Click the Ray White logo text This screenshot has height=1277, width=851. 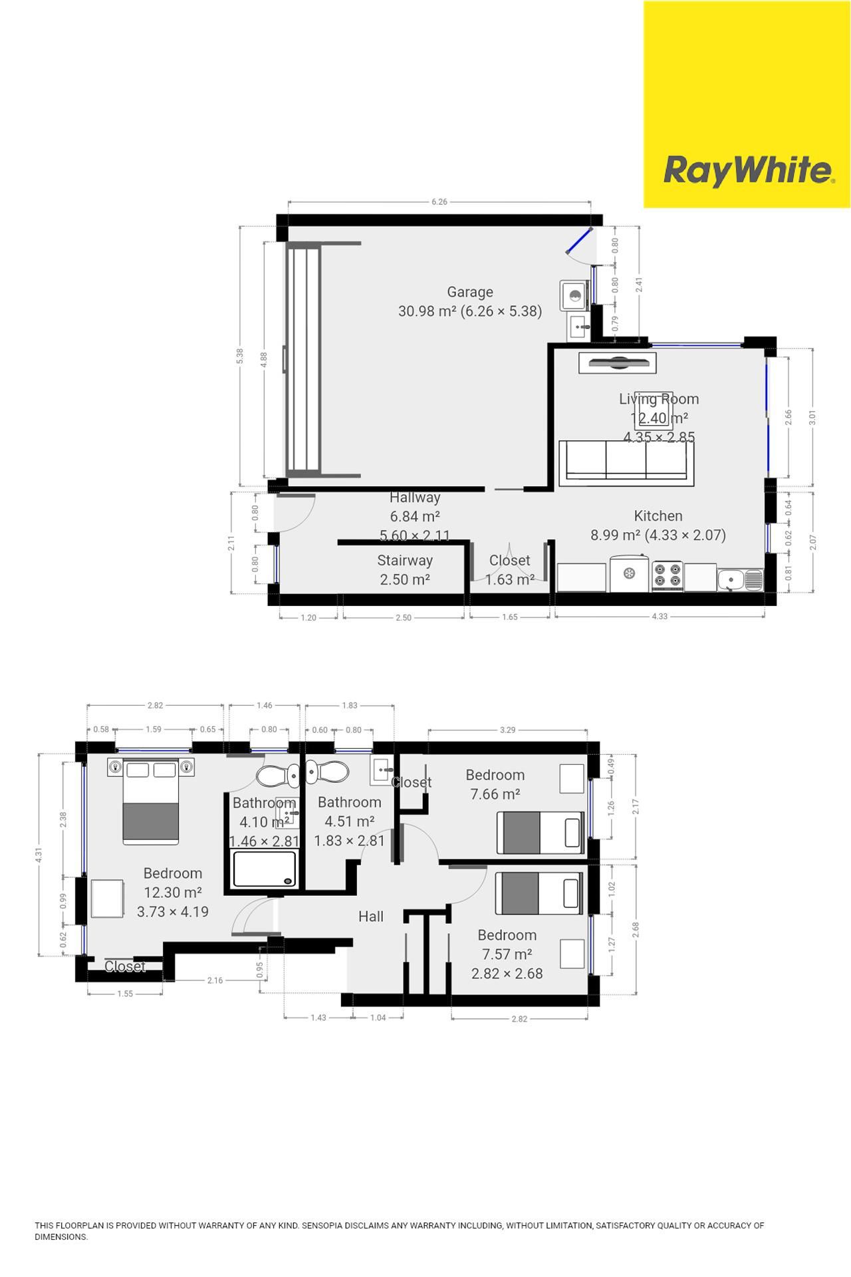[x=748, y=170]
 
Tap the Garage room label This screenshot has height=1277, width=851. [x=470, y=292]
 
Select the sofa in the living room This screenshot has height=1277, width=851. [x=626, y=460]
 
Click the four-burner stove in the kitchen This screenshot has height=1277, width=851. [x=668, y=575]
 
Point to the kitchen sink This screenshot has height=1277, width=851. [x=740, y=579]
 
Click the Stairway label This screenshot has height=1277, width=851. [x=404, y=560]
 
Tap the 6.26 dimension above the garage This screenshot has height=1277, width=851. [x=439, y=202]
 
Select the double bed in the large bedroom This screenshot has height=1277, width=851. [x=151, y=801]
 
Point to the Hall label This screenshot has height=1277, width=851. [x=370, y=917]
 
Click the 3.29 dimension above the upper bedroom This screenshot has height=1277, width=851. [x=507, y=730]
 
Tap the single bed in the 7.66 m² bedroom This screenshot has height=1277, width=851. [x=540, y=832]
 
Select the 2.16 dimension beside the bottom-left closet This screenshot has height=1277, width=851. [x=215, y=980]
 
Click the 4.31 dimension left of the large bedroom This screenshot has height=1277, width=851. [x=39, y=855]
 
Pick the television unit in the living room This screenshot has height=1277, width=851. [x=618, y=363]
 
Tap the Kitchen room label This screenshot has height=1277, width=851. [x=658, y=515]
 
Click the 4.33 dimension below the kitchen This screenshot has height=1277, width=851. [x=659, y=617]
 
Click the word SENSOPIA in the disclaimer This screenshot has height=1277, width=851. [x=323, y=1225]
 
